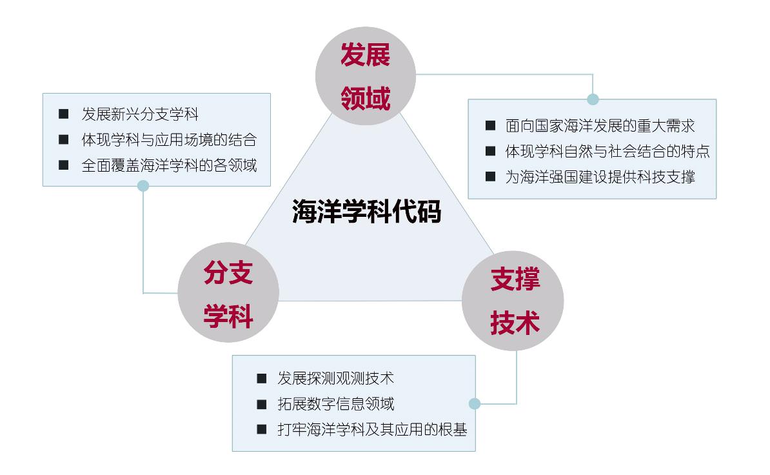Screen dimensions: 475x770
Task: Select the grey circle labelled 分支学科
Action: click(228, 295)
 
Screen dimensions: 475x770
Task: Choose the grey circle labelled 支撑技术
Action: click(513, 301)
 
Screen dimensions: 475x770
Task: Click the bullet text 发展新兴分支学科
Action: click(140, 115)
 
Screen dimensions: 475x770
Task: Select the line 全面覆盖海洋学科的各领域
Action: click(169, 165)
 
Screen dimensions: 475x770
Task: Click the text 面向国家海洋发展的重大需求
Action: click(600, 126)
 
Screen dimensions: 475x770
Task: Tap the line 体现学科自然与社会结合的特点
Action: click(607, 152)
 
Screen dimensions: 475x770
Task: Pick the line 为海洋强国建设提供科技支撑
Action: click(600, 177)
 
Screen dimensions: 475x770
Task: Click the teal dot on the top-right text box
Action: click(593, 99)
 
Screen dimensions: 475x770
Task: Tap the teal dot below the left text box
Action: click(143, 186)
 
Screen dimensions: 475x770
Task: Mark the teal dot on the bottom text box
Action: click(475, 404)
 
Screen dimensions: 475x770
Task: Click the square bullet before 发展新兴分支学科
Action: click(63, 114)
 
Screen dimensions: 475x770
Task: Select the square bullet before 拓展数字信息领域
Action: click(261, 405)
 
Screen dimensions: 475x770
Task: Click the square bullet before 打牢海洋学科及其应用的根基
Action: click(261, 429)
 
